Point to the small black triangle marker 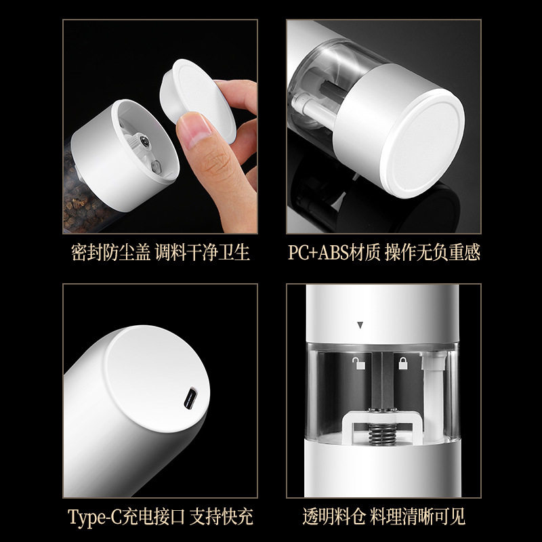[x=360, y=325]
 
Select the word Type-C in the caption [x=94, y=517]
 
